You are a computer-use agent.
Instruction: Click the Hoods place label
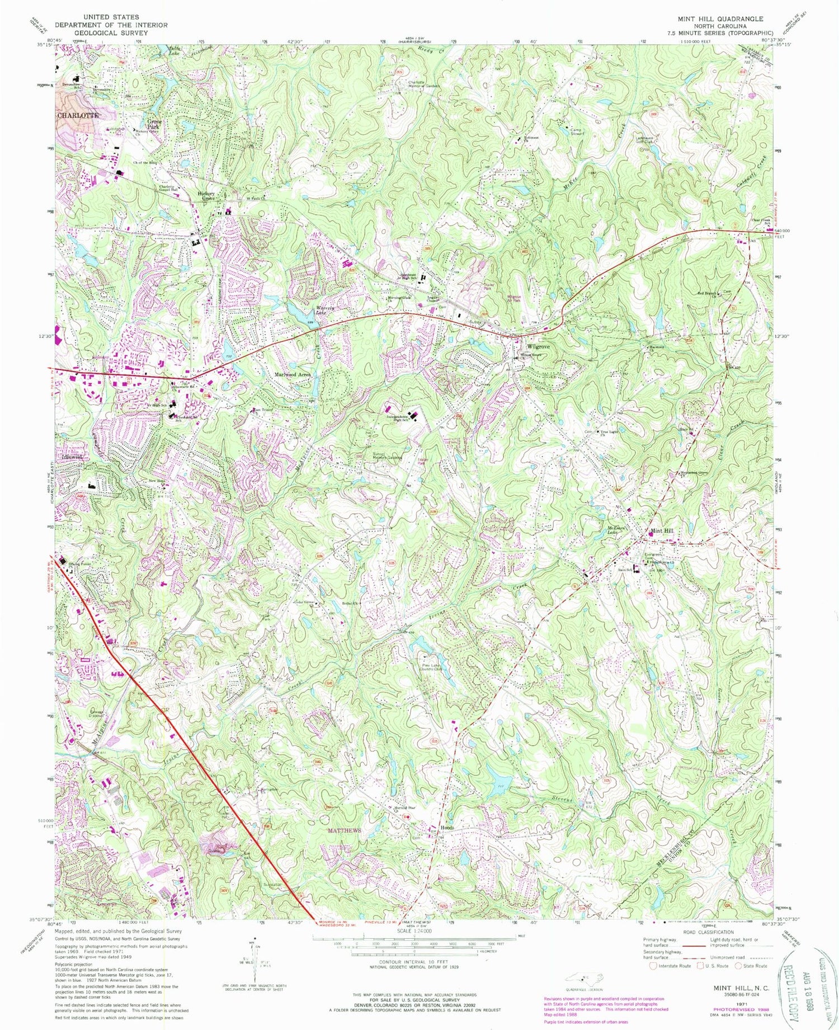pos(446,827)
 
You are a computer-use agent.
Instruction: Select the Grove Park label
pos(154,124)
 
